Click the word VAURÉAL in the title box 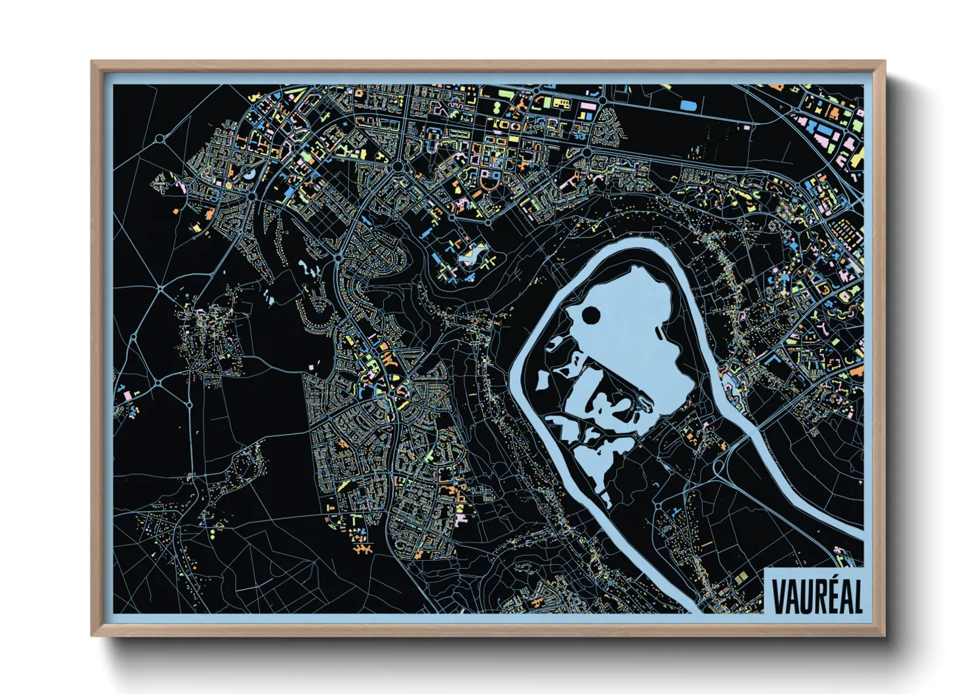click(816, 596)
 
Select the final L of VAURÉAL click(857, 596)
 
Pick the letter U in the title click(804, 596)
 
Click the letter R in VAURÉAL click(816, 596)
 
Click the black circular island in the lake click(590, 316)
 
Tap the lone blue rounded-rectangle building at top click(687, 104)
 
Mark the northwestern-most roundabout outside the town click(160, 139)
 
